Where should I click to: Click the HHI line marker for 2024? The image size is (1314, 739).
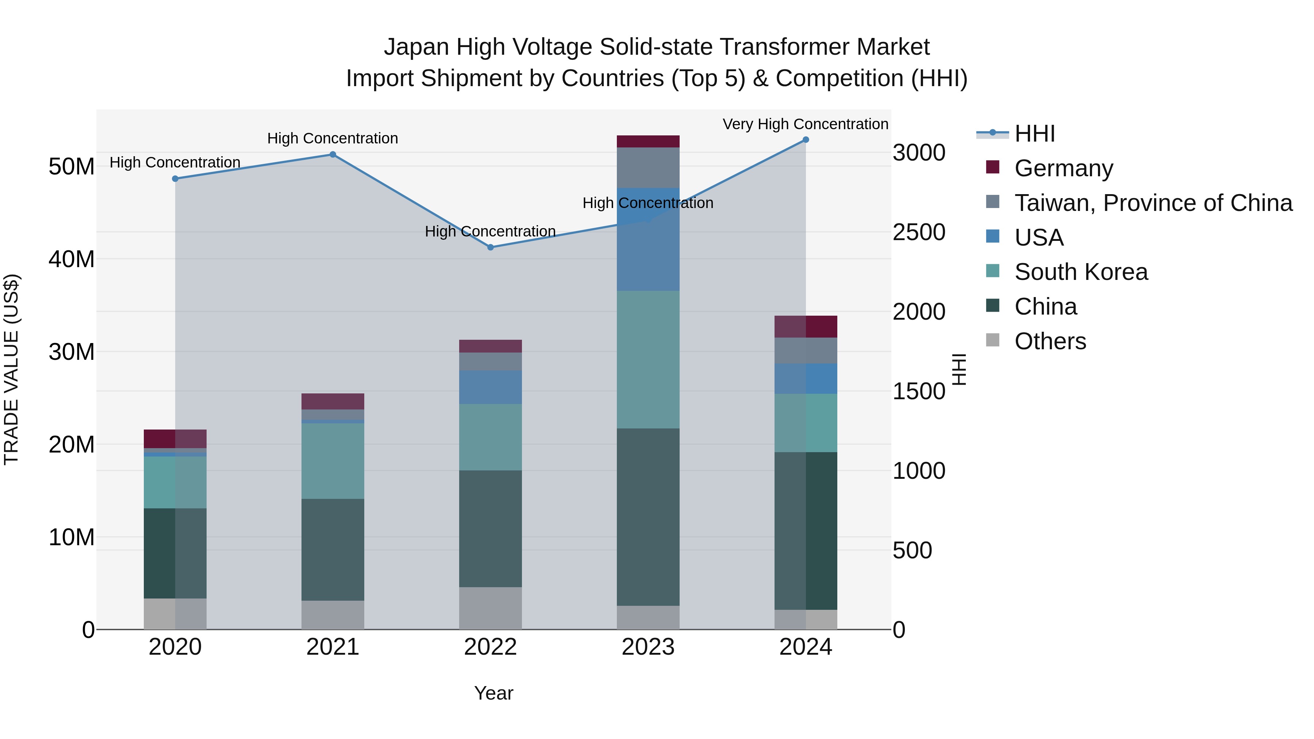pyautogui.click(x=806, y=140)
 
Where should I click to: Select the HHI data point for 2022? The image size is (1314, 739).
pyautogui.click(x=490, y=247)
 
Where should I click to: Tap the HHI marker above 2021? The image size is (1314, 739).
pyautogui.click(x=333, y=154)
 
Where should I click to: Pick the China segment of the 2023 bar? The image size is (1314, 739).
pyautogui.click(x=648, y=517)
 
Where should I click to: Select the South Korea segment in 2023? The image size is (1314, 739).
pyautogui.click(x=648, y=359)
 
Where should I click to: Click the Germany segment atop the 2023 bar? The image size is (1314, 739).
pyautogui.click(x=648, y=141)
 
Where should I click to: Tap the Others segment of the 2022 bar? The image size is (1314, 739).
pyautogui.click(x=490, y=608)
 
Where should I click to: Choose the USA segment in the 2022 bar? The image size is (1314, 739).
pyautogui.click(x=490, y=387)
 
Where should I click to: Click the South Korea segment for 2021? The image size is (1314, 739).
pyautogui.click(x=333, y=461)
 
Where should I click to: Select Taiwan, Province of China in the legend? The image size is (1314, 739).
pyautogui.click(x=1153, y=203)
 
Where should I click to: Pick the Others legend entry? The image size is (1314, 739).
pyautogui.click(x=1050, y=341)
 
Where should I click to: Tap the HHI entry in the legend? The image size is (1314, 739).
pyautogui.click(x=1034, y=134)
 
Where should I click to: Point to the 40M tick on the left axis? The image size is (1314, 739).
pyautogui.click(x=72, y=259)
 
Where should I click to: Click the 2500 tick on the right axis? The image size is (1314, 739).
pyautogui.click(x=919, y=232)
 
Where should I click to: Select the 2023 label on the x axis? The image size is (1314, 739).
pyautogui.click(x=648, y=647)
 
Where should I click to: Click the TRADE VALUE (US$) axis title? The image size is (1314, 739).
pyautogui.click(x=12, y=369)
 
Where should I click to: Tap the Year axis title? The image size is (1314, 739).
pyautogui.click(x=493, y=693)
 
